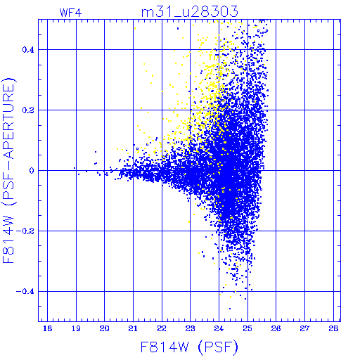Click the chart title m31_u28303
pos(190,12)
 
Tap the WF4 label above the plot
pos(70,13)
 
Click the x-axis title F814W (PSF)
pos(189,347)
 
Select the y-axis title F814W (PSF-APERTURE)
pos(9,170)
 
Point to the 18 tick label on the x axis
pos(47,328)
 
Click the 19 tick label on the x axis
pos(76,328)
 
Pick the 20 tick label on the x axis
pos(104,328)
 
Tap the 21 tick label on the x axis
pos(133,328)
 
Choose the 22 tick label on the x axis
pos(162,328)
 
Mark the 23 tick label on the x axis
pos(190,328)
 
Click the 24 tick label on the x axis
pos(219,328)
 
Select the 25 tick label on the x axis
pos(247,328)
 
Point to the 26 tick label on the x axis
pos(276,328)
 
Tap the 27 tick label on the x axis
pos(304,328)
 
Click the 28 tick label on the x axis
pos(333,328)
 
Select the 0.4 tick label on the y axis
pos(28,50)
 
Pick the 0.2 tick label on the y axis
pos(28,110)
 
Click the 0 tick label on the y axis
pos(32,171)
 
